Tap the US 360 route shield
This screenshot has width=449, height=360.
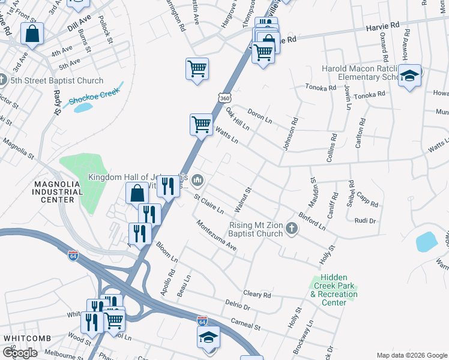(224, 97)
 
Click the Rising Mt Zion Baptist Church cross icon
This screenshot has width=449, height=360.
(291, 227)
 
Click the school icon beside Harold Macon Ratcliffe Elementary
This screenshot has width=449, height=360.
(410, 76)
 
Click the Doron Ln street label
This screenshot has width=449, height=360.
(260, 117)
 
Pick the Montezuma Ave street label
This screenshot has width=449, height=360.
(214, 235)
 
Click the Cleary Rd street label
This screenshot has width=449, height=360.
(258, 295)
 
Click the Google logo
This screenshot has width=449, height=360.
(20, 353)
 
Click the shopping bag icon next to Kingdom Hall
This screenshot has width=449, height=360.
(137, 193)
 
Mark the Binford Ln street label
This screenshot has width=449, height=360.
(311, 221)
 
